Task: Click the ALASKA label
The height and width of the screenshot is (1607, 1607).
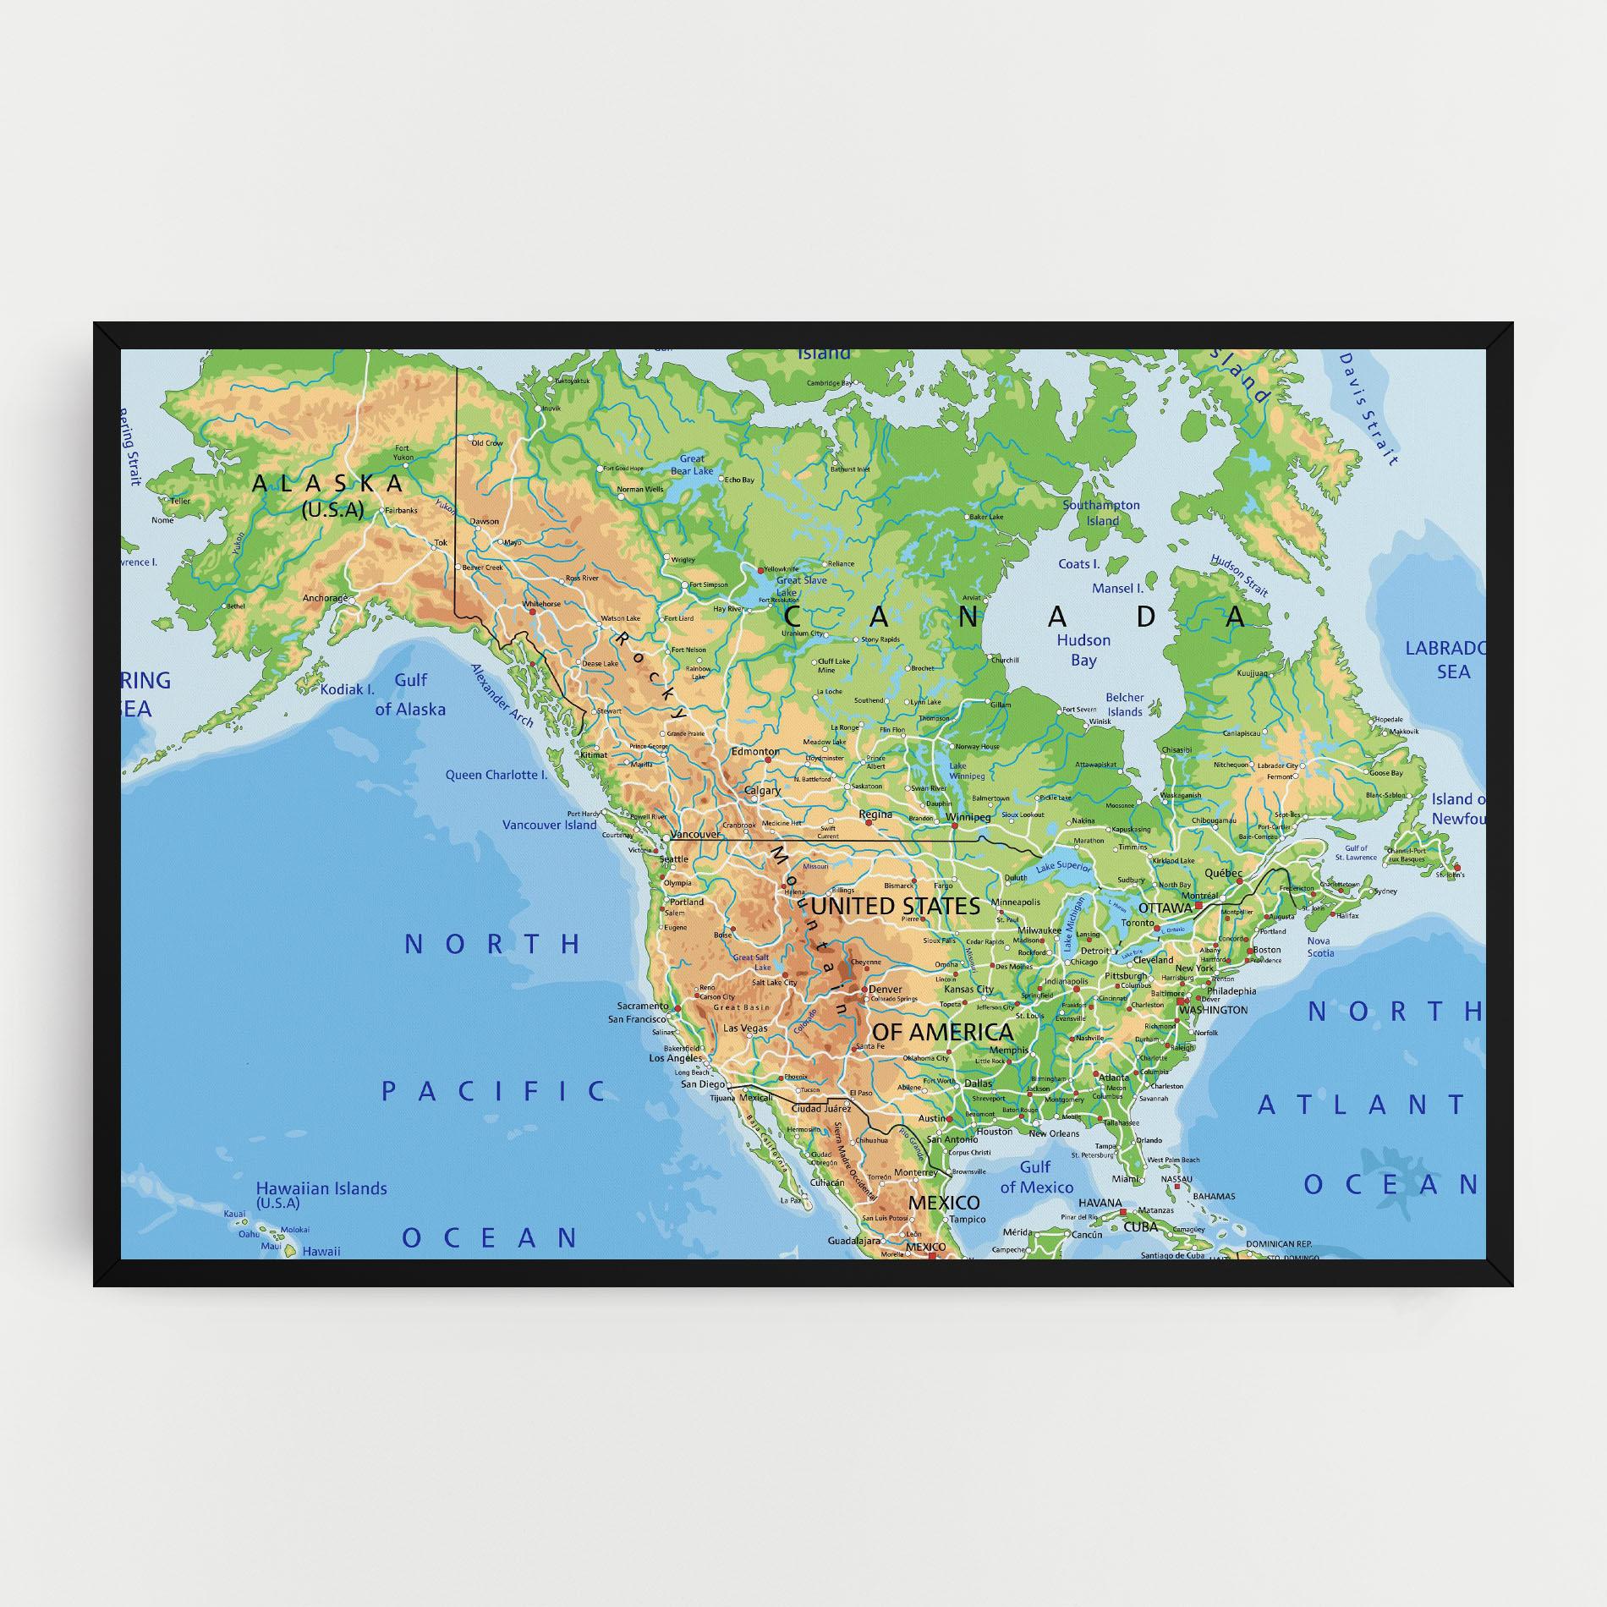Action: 328,484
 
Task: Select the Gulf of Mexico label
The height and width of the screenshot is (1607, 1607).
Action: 1035,1177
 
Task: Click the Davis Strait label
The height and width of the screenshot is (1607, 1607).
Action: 1368,409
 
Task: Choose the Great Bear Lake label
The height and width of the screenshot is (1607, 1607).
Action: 692,465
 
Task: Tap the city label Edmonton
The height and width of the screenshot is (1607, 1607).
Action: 755,751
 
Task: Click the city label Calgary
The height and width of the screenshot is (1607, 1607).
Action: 762,792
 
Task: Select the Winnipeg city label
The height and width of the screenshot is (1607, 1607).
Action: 968,818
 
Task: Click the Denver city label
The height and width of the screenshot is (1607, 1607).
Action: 886,989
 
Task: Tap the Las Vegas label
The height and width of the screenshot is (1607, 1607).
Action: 746,1028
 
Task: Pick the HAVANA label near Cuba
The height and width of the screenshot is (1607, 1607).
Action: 1100,1203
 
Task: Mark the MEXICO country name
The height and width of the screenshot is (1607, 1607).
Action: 944,1202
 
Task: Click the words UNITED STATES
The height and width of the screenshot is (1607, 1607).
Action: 896,907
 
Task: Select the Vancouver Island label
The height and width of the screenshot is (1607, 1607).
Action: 549,825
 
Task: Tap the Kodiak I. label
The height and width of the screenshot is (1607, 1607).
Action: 347,689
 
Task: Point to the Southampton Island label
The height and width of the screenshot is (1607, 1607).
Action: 1101,513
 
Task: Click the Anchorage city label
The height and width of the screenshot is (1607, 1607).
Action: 325,598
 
